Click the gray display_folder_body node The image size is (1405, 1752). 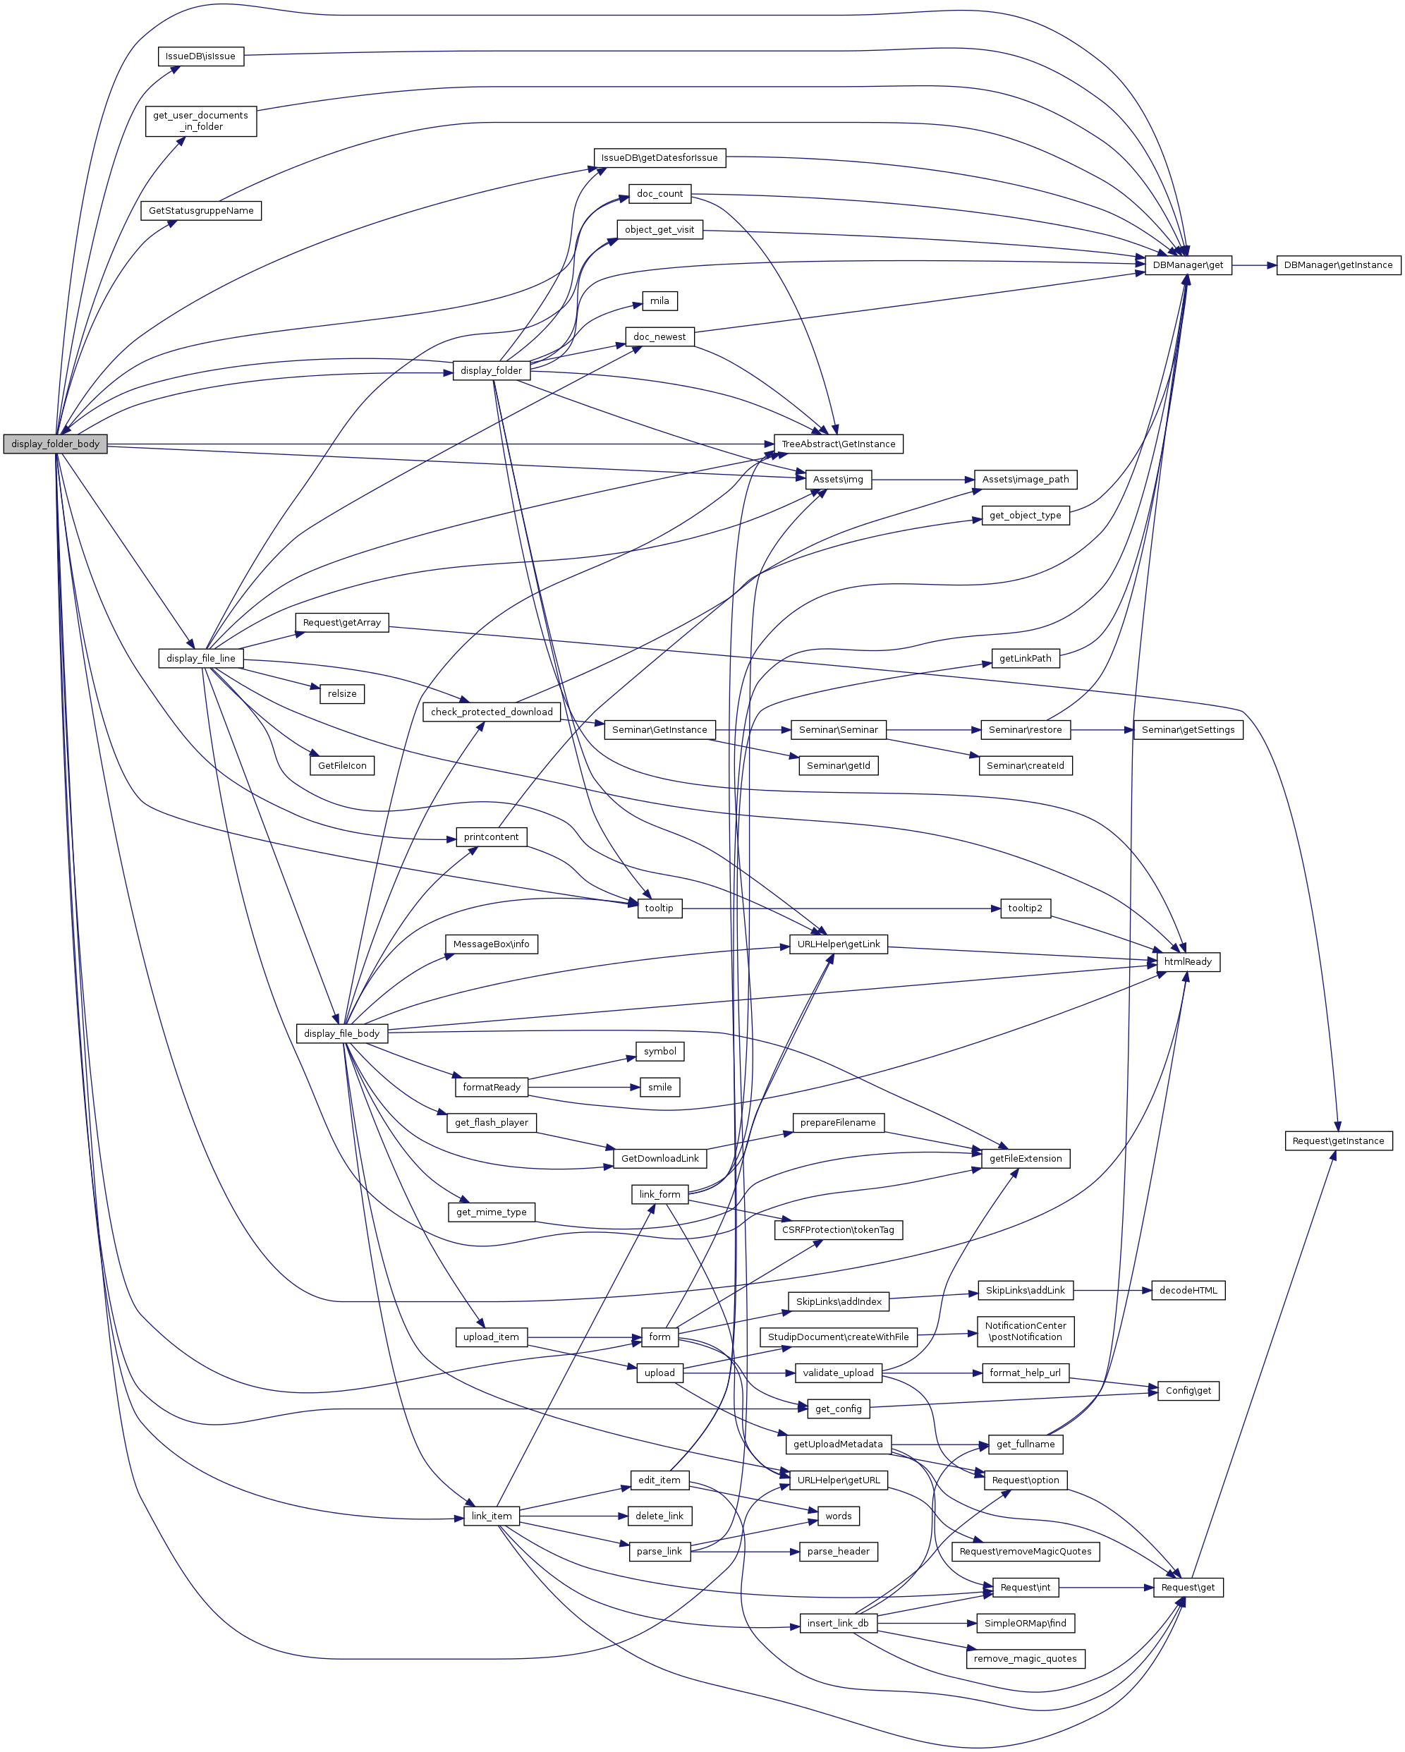pos(55,444)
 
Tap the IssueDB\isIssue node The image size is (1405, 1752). pos(200,56)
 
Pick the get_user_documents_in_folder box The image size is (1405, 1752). pos(201,121)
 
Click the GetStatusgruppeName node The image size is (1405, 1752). pos(201,210)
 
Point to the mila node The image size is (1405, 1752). pos(659,300)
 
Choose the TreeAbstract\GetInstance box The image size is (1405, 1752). pos(838,444)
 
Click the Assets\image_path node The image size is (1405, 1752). pos(1025,480)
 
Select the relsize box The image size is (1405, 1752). pos(341,693)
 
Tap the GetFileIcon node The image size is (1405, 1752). pos(341,765)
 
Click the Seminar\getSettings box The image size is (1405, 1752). pos(1187,730)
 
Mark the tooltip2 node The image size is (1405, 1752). pos(1025,908)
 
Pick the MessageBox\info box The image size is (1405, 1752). pos(491,944)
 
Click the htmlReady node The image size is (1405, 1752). pos(1187,961)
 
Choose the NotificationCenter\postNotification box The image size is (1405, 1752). pos(1025,1331)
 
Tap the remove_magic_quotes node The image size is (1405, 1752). pos(1025,1659)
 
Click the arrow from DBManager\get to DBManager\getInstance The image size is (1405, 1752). pos(1254,265)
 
